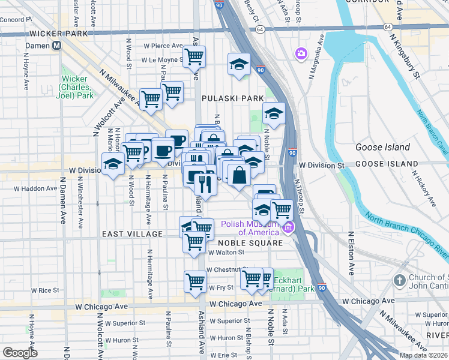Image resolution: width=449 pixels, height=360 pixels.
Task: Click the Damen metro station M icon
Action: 57,46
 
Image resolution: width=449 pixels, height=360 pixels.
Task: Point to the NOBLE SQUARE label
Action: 250,243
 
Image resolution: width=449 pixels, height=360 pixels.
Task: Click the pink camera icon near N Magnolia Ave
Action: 301,55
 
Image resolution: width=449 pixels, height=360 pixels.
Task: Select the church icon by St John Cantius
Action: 400,280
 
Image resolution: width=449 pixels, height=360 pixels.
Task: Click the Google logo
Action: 20,352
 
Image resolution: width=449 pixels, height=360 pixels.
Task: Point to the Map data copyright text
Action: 423,355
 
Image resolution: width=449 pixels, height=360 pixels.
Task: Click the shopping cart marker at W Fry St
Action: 195,281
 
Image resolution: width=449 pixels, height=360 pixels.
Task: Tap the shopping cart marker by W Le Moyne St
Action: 194,57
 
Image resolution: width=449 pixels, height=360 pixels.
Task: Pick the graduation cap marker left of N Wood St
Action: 112,163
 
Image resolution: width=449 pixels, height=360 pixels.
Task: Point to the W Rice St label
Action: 45,290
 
